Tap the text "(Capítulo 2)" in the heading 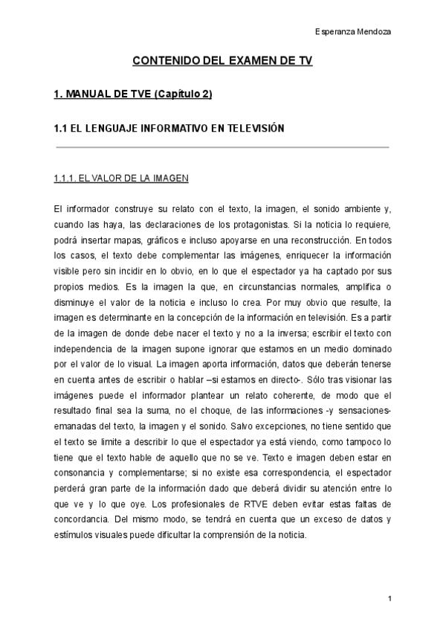coord(185,95)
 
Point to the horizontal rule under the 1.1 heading coord(222,147)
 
